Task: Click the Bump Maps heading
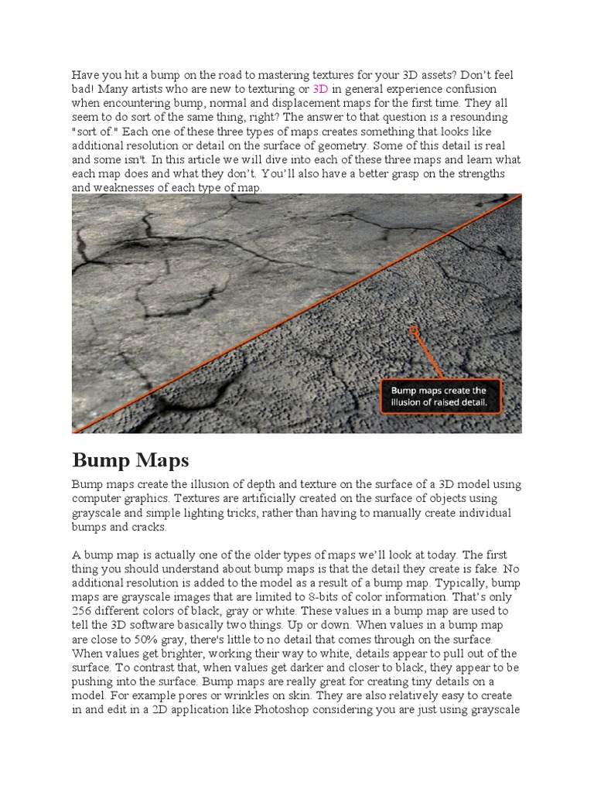130,461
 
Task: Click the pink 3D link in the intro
320,89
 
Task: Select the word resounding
476,117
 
